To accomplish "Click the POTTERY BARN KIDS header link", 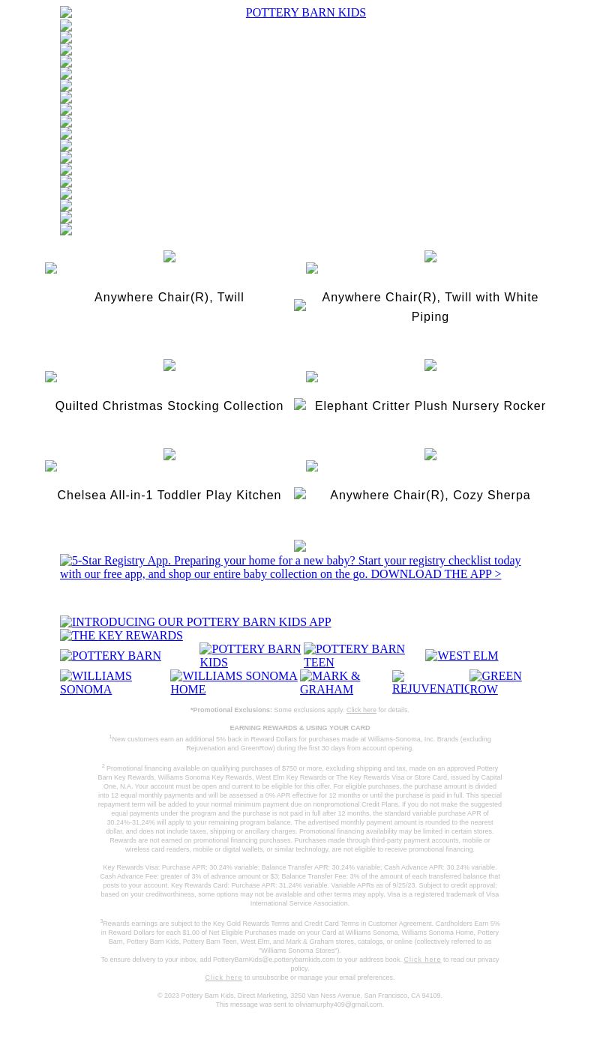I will (x=305, y=13).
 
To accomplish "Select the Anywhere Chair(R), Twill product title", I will (x=169, y=298).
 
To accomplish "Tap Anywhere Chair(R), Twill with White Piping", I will (x=430, y=307).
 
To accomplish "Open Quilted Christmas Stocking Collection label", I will (x=169, y=406).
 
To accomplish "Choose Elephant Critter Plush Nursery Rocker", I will (x=430, y=406).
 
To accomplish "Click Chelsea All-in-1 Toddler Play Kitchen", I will (x=169, y=496).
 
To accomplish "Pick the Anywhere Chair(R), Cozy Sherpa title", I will (x=430, y=496).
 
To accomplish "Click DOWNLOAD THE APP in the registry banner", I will (x=435, y=574).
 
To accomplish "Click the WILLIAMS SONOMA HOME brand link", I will (x=234, y=683).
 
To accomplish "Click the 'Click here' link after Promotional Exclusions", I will (x=361, y=710).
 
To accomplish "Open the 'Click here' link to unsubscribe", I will (x=223, y=978).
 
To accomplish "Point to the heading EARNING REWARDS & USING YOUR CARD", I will (x=299, y=728).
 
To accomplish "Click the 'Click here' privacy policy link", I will (x=422, y=960).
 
